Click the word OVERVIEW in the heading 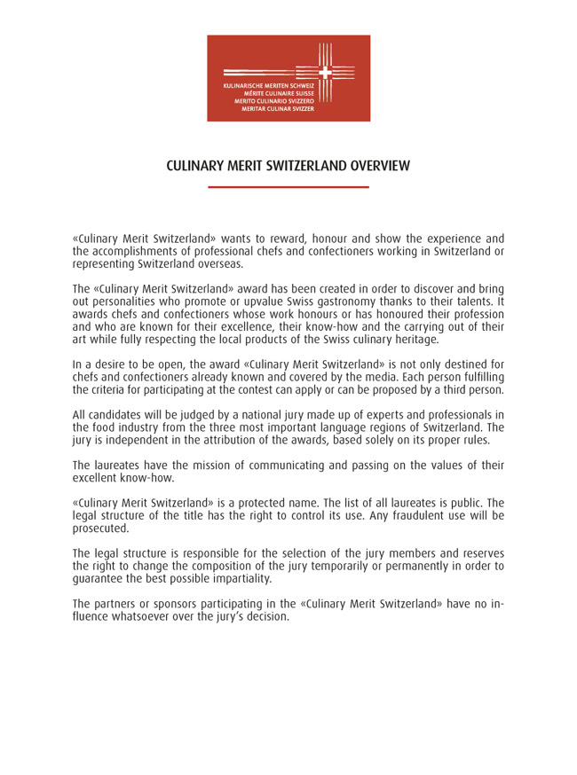(368, 167)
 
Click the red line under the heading (288, 187)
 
